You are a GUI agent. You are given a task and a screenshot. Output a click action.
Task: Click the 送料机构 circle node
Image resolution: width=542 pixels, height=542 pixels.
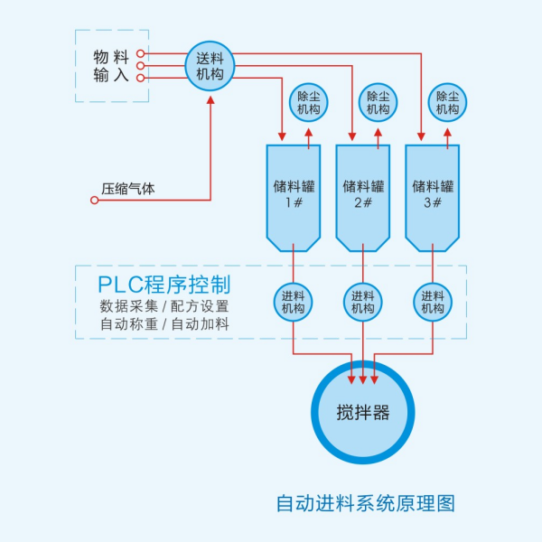[210, 65]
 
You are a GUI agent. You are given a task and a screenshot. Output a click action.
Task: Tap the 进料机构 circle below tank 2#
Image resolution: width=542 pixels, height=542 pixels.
[363, 302]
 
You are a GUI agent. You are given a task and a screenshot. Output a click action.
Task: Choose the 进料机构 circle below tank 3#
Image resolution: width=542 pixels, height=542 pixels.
[433, 302]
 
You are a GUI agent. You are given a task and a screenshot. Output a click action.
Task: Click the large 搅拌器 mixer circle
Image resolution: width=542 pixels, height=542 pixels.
[363, 414]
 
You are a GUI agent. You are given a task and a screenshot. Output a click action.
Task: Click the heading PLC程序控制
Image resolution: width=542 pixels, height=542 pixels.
[164, 283]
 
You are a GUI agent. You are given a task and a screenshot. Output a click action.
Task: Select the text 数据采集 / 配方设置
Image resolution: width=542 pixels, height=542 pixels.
[164, 306]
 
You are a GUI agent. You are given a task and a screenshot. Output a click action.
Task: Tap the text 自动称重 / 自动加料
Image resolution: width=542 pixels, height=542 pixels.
[164, 324]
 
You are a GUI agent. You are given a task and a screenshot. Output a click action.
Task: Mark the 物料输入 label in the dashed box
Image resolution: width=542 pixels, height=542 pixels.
[112, 66]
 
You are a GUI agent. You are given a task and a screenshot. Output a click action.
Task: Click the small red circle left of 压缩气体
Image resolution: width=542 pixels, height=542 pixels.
[94, 200]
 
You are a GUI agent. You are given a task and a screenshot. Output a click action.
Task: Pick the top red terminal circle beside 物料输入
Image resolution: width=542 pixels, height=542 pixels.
[141, 53]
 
